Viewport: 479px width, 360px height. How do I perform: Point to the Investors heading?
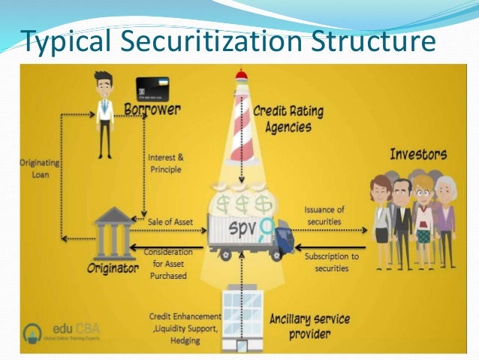pos(417,155)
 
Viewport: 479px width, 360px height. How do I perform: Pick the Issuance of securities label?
pos(324,215)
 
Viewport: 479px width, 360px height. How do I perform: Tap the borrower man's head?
pos(104,80)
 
